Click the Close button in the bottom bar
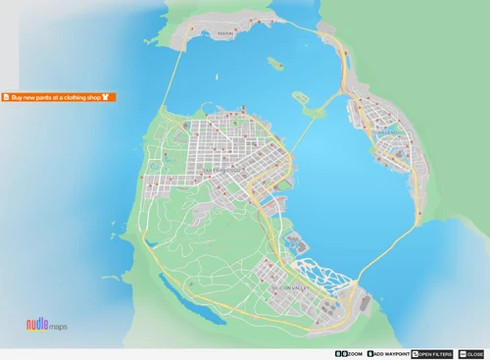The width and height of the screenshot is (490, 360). (x=471, y=353)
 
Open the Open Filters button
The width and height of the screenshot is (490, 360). (x=432, y=353)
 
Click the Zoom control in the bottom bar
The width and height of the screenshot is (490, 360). (x=349, y=353)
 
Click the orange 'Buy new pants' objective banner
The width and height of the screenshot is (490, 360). (x=59, y=97)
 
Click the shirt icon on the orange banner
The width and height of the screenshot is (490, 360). (x=106, y=97)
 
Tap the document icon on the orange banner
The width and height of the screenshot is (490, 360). (x=6, y=97)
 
